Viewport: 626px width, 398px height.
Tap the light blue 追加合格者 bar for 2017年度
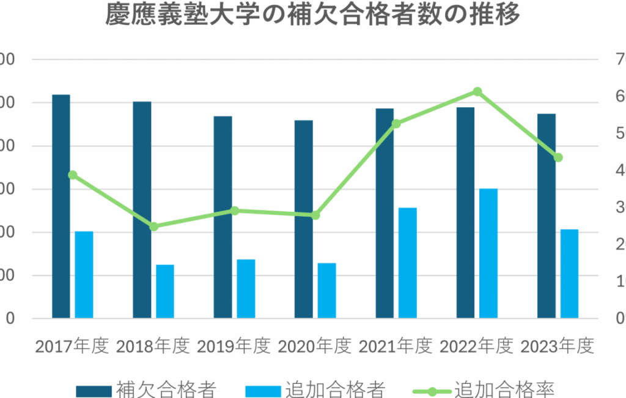click(x=84, y=275)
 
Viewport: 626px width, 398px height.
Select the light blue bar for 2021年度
click(x=408, y=263)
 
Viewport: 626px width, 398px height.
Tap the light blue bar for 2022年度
click(x=488, y=253)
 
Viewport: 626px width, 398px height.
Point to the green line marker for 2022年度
click(x=477, y=92)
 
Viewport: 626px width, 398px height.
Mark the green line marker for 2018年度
click(x=154, y=227)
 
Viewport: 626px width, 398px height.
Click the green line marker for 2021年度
click(x=396, y=124)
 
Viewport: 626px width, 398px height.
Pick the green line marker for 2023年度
click(x=558, y=157)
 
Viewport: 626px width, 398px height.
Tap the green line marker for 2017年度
click(x=73, y=175)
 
